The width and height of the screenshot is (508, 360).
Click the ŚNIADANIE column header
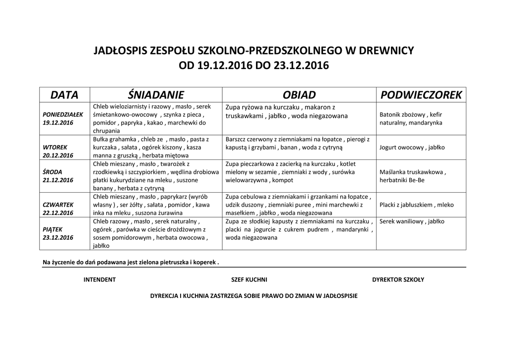[x=155, y=95]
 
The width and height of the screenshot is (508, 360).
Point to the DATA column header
[x=64, y=95]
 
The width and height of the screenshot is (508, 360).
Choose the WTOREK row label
[x=55, y=147]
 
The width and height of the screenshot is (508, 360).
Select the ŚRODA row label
[x=53, y=172]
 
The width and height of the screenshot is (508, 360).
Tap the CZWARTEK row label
[x=58, y=205]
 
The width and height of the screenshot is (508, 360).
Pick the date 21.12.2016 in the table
[x=58, y=180]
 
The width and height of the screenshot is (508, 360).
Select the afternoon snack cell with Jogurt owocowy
[x=412, y=147]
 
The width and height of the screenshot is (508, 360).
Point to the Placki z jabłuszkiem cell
[x=416, y=205]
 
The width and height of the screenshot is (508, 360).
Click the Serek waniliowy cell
[x=412, y=221]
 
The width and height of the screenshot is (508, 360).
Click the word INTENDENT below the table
[x=99, y=280]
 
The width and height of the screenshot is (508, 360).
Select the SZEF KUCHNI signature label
[x=249, y=280]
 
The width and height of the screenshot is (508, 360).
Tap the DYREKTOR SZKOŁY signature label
[x=398, y=280]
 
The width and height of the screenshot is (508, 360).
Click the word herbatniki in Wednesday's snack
[x=394, y=180]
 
